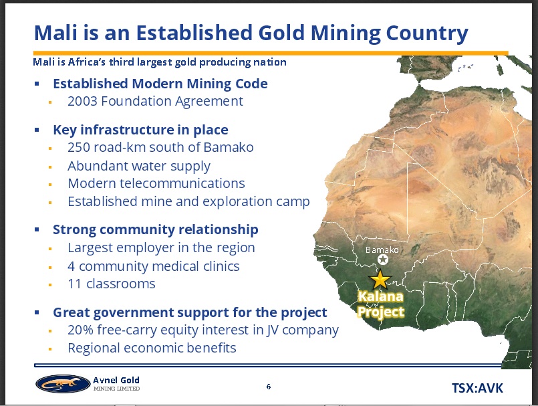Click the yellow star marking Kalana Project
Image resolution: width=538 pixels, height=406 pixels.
(380, 280)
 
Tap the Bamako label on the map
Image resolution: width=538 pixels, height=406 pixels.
(382, 249)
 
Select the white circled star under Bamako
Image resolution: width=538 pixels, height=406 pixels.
(383, 260)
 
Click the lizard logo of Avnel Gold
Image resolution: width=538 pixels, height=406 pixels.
(58, 384)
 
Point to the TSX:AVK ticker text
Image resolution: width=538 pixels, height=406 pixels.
(477, 388)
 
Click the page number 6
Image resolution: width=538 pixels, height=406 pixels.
(268, 387)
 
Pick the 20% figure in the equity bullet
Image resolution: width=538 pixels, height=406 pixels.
(80, 330)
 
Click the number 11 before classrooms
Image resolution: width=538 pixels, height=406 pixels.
(74, 284)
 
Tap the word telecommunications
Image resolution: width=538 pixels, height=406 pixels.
(182, 183)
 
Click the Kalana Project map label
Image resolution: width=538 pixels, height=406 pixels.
(380, 304)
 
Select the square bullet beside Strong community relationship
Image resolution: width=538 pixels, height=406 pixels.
(37, 229)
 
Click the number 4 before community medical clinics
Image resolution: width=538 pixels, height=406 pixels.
(71, 266)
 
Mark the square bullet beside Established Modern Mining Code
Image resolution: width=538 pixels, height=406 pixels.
(37, 84)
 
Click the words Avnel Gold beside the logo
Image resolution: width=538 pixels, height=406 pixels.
(116, 380)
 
